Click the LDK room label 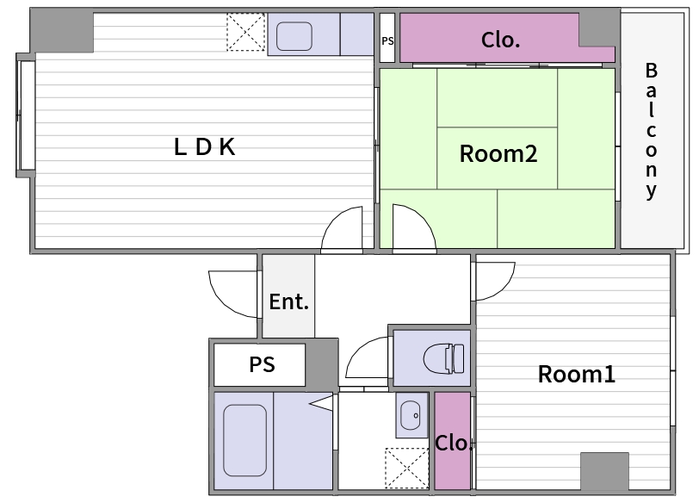[x=204, y=146]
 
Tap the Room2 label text [x=498, y=154]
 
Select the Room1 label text [x=577, y=374]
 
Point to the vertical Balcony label [x=652, y=131]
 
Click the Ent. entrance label [x=289, y=302]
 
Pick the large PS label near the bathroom [x=262, y=365]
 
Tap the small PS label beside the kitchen [x=387, y=41]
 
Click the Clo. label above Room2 [x=500, y=40]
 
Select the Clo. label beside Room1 [x=453, y=443]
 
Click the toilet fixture [x=444, y=358]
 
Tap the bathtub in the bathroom [x=244, y=441]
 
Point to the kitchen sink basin [x=294, y=36]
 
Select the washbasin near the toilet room [x=410, y=415]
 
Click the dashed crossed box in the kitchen [x=246, y=32]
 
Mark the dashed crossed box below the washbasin [x=406, y=468]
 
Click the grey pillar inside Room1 [x=604, y=471]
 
